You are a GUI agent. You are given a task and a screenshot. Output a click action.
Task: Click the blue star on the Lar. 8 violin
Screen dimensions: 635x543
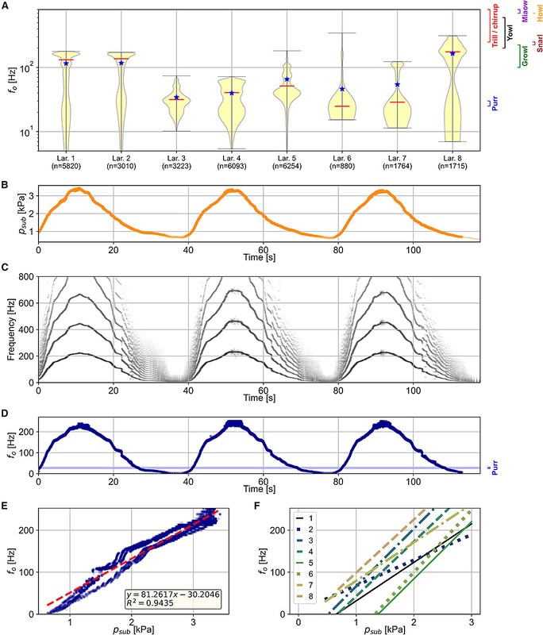(x=452, y=53)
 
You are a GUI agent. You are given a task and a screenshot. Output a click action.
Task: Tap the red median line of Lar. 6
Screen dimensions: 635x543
(x=342, y=106)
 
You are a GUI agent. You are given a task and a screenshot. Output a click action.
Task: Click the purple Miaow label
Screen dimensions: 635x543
(x=525, y=19)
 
